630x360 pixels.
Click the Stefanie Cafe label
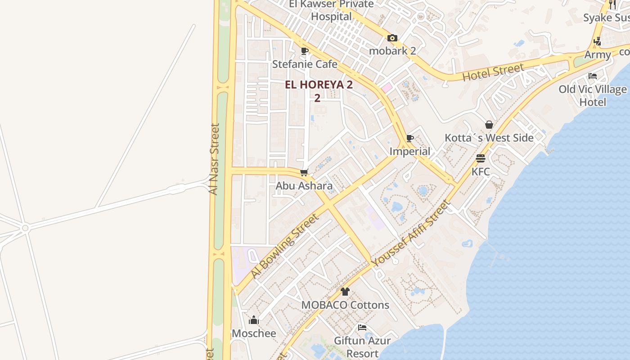coord(305,64)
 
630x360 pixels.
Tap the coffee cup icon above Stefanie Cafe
coord(305,51)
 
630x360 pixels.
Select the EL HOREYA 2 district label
coord(319,85)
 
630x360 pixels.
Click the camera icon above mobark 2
coord(392,38)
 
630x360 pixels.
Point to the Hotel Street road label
coord(493,72)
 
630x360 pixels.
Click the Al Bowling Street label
coord(284,246)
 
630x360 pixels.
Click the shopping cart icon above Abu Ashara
coord(304,172)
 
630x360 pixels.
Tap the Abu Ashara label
coord(304,185)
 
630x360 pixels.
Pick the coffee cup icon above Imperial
coord(409,138)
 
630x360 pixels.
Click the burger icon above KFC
coord(481,158)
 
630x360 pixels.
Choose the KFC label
coord(481,171)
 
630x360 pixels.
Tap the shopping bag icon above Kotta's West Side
coord(489,125)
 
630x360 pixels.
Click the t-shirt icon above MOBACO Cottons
coord(345,292)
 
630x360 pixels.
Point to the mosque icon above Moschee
coord(254,320)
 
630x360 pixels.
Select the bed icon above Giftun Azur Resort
coord(362,328)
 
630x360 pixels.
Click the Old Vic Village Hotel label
coord(593,95)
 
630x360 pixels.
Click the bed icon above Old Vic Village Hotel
coord(593,76)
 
